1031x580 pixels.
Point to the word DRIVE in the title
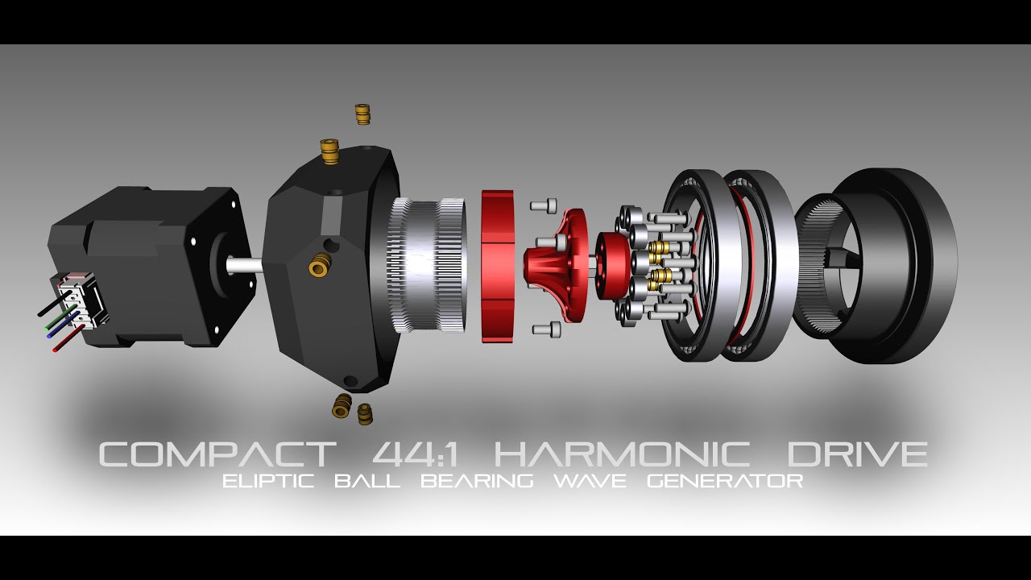coord(856,454)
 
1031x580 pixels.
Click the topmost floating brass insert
coord(362,114)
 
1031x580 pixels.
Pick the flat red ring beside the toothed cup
coord(497,266)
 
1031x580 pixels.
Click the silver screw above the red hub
coord(544,205)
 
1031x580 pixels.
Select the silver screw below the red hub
coord(545,328)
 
